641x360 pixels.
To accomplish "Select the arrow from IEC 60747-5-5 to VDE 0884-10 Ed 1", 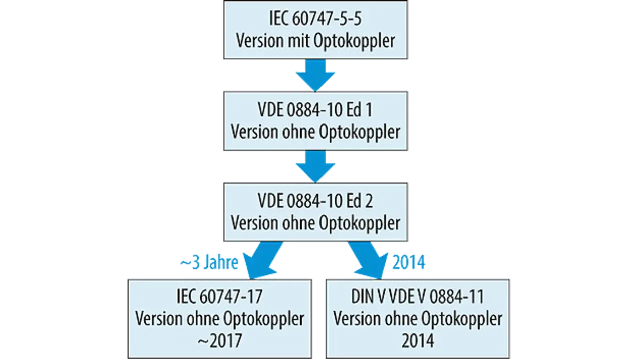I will pos(315,75).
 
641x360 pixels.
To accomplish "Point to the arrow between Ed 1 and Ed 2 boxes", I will pos(315,167).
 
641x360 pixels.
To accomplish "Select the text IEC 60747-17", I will pos(220,297).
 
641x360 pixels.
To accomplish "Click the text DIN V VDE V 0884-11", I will pos(417,297).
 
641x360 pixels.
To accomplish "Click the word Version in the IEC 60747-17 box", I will pos(159,319).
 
